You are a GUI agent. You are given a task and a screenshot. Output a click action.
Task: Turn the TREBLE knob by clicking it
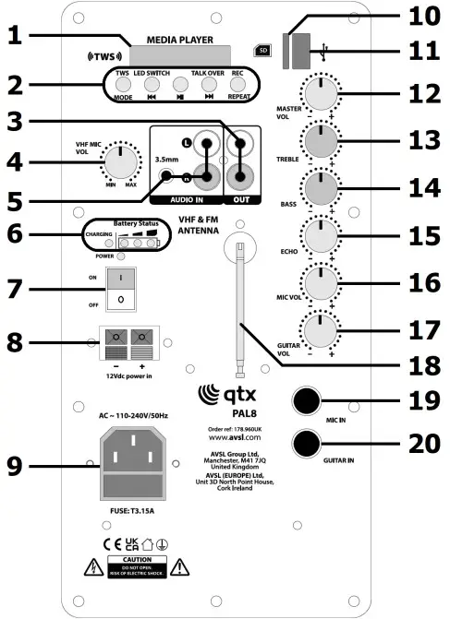(x=319, y=143)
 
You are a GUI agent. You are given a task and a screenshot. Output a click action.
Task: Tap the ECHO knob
(x=319, y=237)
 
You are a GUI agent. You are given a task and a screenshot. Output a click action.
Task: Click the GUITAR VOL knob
(x=319, y=330)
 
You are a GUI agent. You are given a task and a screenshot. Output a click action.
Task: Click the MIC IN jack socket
(x=308, y=401)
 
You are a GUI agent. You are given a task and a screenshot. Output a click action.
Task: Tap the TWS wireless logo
(x=103, y=54)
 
